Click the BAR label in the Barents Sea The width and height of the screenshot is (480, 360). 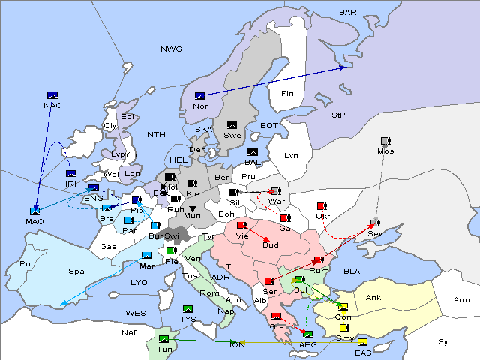(x=347, y=13)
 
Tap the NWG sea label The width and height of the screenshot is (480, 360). (x=171, y=49)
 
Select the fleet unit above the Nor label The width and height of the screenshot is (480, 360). (x=199, y=96)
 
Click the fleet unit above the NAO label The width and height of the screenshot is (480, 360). (x=52, y=95)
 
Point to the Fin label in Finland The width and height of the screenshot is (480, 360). (x=287, y=94)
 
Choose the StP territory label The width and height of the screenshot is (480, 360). (x=338, y=115)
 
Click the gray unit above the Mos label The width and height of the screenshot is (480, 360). (x=385, y=141)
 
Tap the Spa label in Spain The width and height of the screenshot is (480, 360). (x=76, y=271)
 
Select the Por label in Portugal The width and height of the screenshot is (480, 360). (x=28, y=264)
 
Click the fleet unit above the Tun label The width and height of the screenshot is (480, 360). (x=164, y=339)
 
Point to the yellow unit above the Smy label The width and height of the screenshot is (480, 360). (x=344, y=328)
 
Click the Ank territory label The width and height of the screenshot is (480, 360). (x=373, y=298)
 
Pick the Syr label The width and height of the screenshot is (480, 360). (x=445, y=341)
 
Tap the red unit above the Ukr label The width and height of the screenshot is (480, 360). (x=321, y=206)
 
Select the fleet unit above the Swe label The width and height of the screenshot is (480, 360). (x=232, y=125)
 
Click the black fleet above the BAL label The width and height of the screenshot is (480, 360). (x=253, y=152)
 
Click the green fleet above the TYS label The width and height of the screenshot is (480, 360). (x=187, y=309)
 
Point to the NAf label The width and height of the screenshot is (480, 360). (x=129, y=331)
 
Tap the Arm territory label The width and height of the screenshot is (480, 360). (x=462, y=300)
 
